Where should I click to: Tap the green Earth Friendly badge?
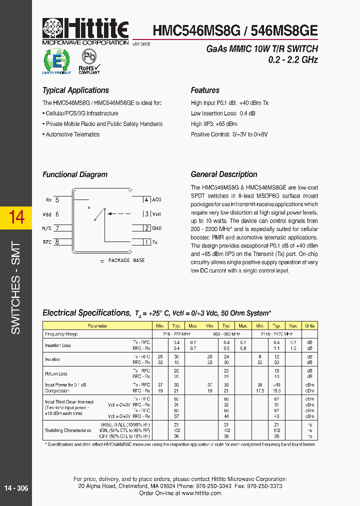pos(56,61)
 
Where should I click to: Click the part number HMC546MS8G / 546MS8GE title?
pos(235,30)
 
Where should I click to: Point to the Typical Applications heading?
pos(75,90)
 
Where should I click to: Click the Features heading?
pos(205,90)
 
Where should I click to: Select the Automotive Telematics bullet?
pos(72,134)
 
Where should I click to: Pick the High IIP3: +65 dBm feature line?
pos(214,124)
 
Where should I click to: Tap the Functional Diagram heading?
pos(75,174)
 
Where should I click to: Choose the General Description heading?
pos(224,174)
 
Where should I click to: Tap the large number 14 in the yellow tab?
pos(16,217)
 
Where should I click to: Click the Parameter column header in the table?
pos(97,325)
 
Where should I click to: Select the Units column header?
pos(309,325)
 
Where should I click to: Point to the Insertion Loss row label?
pos(58,345)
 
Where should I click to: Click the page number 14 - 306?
pos(16,488)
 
